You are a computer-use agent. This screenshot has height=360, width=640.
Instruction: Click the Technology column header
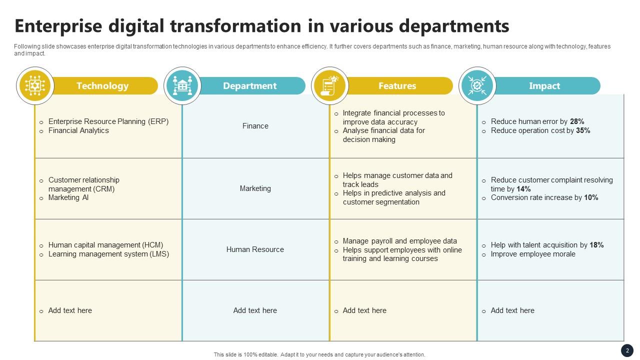click(102, 86)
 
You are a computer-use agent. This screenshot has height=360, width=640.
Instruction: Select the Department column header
click(249, 86)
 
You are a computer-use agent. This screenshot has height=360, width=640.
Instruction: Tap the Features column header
click(397, 86)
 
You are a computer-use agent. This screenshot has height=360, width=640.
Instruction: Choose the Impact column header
click(544, 86)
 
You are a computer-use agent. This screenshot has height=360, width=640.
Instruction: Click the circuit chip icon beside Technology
click(35, 85)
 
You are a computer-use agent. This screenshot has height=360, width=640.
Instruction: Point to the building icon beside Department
click(182, 85)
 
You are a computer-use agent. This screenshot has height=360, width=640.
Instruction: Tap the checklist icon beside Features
click(329, 85)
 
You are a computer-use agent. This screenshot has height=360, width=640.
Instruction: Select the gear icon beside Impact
click(477, 85)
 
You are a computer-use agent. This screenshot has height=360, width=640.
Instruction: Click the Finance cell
click(255, 126)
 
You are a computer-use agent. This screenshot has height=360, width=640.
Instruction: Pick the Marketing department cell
click(255, 188)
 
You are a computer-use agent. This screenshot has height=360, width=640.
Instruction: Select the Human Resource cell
click(255, 249)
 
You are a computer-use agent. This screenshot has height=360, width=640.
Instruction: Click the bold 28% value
click(577, 121)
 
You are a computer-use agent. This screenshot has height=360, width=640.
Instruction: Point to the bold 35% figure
click(583, 130)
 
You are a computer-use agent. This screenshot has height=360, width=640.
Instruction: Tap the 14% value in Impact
click(523, 189)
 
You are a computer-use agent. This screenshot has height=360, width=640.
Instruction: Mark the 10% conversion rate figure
click(591, 197)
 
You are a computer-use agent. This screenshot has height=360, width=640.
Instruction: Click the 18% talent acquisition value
click(596, 245)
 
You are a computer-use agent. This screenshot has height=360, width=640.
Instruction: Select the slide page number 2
click(627, 350)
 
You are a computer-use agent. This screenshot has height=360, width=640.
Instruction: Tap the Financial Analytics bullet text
click(78, 130)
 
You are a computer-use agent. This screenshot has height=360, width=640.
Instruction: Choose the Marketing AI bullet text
click(68, 197)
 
